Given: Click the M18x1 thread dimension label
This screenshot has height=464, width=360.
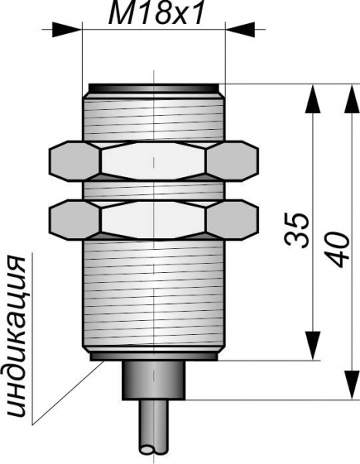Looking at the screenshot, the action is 156,14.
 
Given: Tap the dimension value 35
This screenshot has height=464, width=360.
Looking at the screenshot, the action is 297,230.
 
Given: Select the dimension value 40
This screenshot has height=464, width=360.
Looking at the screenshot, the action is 337,250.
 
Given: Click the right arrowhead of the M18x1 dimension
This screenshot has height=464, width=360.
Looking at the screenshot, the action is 240,30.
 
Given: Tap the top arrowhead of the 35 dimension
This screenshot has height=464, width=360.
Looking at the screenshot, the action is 312,98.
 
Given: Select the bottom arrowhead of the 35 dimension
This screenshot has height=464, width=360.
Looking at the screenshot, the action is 312,346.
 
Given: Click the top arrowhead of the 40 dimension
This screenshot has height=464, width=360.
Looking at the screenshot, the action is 352,98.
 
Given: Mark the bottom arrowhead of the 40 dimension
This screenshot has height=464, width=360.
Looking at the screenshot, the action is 352,384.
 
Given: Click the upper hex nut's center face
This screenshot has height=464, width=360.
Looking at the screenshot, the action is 153,160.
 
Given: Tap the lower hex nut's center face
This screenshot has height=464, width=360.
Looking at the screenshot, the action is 153,220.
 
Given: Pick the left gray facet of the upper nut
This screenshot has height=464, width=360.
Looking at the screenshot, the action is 74,160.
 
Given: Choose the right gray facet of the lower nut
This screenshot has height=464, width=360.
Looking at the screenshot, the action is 233,220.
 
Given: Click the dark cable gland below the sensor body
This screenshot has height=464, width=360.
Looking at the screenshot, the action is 154,380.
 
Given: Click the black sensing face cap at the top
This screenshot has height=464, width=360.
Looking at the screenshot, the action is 154,88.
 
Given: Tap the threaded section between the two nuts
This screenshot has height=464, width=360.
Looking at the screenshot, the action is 153,190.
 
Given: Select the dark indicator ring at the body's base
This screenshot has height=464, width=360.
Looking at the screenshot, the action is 154,357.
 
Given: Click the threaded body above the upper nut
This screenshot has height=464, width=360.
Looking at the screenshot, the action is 153,118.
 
